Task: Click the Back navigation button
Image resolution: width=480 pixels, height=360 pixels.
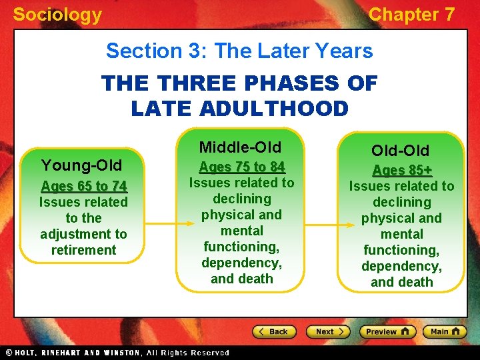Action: pos(274,331)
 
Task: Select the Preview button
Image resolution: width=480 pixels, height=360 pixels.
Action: pos(387,331)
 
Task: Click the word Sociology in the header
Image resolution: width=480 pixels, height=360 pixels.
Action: pos(57,15)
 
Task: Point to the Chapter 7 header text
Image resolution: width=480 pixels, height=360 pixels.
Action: pos(411,15)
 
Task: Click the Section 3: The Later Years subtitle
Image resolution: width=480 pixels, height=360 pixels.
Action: pos(239,51)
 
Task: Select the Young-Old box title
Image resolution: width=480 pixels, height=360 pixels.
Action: pos(81,165)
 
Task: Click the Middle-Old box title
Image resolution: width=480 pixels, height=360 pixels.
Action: pos(240,147)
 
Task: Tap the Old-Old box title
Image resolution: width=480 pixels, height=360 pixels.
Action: pos(401,151)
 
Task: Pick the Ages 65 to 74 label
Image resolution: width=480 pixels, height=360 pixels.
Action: pos(83,186)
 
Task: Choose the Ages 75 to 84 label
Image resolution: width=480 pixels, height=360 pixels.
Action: pos(241,167)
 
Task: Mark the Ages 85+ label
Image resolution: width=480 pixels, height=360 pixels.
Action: pos(401,170)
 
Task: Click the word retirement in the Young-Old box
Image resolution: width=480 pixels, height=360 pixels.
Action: pos(83,250)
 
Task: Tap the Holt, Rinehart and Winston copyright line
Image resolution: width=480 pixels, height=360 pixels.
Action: pos(117,353)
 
